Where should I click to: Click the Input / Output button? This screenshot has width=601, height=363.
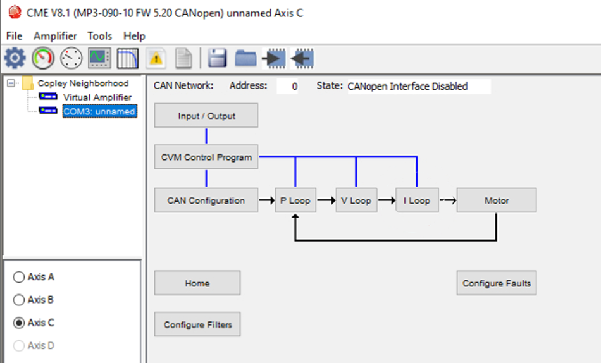pos(206,115)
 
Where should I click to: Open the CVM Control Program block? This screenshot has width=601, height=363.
pos(206,157)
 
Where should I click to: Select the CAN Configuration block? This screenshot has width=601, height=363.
pos(206,200)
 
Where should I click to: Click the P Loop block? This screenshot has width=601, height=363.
pos(295,200)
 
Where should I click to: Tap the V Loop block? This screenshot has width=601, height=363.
pos(356,200)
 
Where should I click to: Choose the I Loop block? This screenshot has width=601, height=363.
pos(417,200)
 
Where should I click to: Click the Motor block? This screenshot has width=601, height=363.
pos(497,200)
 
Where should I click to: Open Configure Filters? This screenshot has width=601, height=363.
pos(197,324)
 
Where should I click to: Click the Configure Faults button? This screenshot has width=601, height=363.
pos(497,283)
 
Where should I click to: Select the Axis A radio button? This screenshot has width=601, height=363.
pos(19,277)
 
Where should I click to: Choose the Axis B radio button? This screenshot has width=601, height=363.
pos(19,300)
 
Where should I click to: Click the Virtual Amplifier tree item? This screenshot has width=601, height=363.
pos(97,97)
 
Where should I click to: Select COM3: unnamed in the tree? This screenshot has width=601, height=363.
pos(100,111)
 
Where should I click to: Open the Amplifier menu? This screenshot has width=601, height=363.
pos(55,36)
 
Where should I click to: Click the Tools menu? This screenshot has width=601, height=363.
pos(100,36)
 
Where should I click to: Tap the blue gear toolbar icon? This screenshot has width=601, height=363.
pos(15,58)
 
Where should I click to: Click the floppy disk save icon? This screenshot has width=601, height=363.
pos(218,58)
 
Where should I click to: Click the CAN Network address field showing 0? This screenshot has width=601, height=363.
pos(287,86)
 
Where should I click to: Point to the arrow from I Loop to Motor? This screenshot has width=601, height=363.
pos(448,200)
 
